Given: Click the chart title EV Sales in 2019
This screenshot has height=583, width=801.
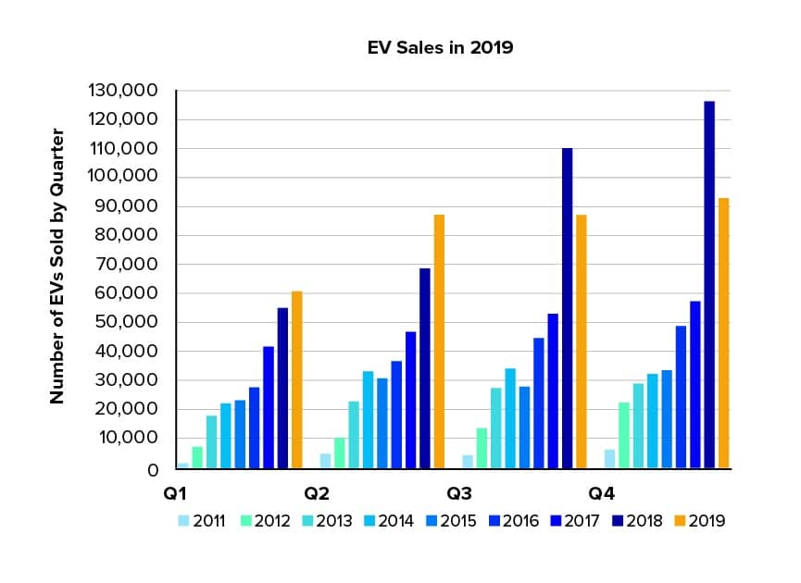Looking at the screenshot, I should pos(439,47).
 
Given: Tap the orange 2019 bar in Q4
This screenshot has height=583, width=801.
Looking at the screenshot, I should pos(722,333).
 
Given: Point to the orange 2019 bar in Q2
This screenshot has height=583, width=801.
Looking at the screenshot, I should pos(439,341).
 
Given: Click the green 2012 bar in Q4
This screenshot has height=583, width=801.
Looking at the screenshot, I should pos(623,435).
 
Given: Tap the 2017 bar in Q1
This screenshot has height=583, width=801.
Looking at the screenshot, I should pos(269,407).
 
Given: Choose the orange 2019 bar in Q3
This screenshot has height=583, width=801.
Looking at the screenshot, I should pos(581,341).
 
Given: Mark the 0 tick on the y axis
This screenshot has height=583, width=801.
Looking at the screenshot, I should pos(154,469).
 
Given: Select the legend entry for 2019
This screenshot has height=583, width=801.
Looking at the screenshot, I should pos(700,521).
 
